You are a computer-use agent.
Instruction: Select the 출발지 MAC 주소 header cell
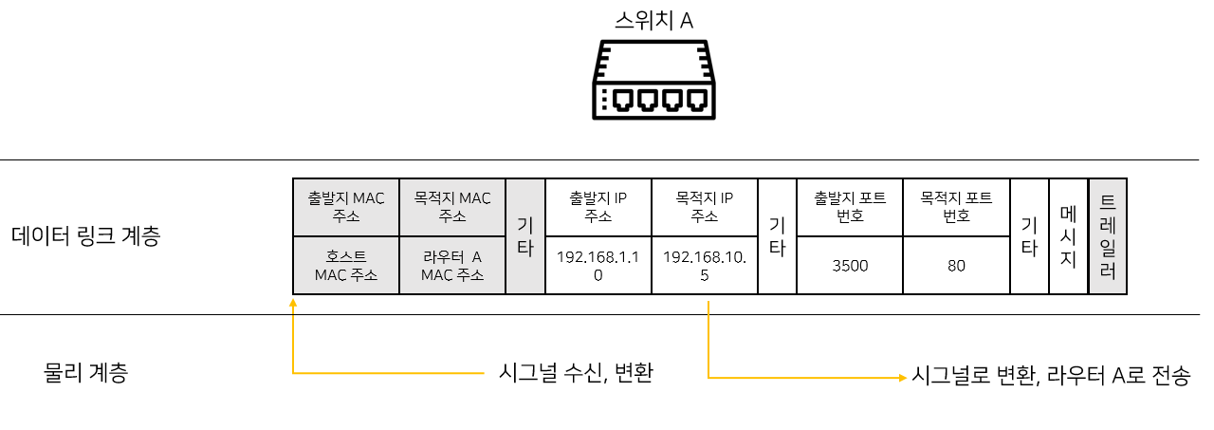point(346,207)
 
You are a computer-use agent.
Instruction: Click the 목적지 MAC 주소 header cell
point(452,207)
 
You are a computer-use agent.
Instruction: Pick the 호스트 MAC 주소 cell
point(346,266)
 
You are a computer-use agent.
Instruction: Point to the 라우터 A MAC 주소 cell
point(452,266)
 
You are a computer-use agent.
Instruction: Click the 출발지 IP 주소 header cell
point(598,207)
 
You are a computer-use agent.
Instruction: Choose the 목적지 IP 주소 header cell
point(705,207)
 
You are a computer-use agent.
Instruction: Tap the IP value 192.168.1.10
point(598,266)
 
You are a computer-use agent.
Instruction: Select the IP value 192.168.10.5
point(705,266)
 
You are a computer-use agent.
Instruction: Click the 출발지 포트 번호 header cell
point(850,207)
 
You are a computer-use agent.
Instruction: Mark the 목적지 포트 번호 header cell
point(956,207)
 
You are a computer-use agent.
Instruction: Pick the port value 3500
point(850,266)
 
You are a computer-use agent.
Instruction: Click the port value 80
point(956,266)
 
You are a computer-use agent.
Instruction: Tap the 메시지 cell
point(1068,236)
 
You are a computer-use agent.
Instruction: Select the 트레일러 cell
point(1108,236)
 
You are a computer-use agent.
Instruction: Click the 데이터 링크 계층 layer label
point(85,236)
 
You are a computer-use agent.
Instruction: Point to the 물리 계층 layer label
point(85,373)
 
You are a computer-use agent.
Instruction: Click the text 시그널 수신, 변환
point(577,373)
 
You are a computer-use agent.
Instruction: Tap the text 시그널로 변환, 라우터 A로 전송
point(1050,375)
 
